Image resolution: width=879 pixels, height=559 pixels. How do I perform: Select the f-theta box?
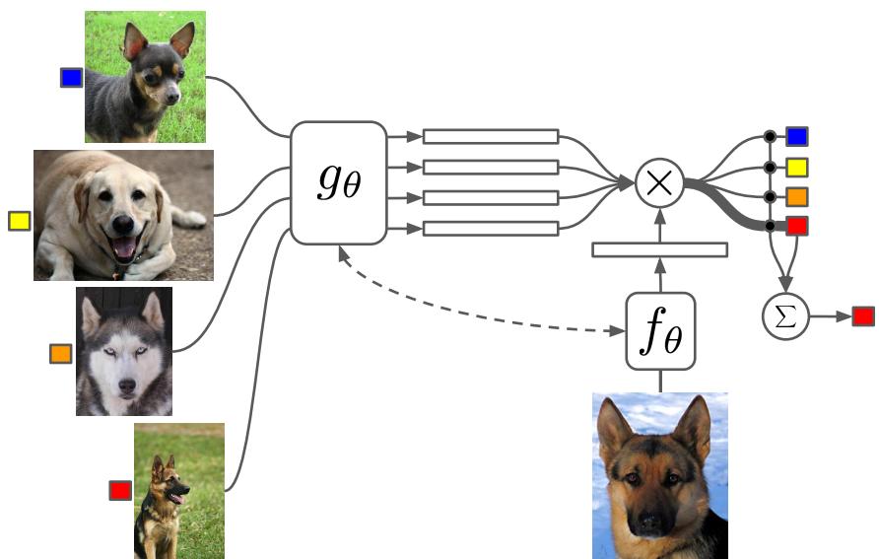(x=660, y=330)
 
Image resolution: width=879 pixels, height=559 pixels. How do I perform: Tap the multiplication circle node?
(x=659, y=183)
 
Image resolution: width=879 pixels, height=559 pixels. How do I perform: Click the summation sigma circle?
(x=785, y=316)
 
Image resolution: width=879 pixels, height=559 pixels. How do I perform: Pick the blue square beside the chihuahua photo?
(x=71, y=77)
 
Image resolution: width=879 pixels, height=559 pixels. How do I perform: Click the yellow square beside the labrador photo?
(x=19, y=221)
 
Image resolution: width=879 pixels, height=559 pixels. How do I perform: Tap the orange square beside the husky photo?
(x=61, y=353)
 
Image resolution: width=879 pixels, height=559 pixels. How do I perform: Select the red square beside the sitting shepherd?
(x=120, y=490)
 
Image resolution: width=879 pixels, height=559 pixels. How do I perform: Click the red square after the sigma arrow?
(x=863, y=316)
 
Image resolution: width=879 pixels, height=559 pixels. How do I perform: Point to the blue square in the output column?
(x=797, y=136)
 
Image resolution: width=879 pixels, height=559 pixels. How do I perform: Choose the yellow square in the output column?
(x=797, y=167)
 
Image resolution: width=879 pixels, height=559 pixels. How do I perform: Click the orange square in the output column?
(x=797, y=196)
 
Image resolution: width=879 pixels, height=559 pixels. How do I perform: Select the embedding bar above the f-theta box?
(x=659, y=249)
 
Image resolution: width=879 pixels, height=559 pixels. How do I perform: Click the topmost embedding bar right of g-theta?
(x=490, y=136)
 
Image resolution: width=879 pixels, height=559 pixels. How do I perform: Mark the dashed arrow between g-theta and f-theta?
(x=473, y=314)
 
